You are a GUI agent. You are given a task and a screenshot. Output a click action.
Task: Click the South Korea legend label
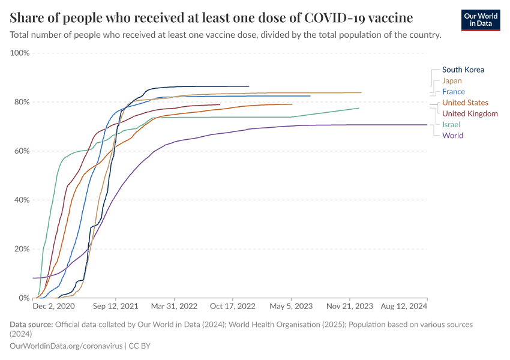click(x=463, y=70)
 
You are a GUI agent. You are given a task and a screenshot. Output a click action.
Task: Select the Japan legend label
click(x=452, y=80)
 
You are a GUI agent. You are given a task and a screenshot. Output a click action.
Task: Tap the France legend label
click(x=453, y=92)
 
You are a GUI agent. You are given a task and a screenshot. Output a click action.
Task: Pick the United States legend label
click(x=465, y=103)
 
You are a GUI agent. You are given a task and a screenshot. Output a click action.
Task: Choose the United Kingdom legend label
click(x=470, y=113)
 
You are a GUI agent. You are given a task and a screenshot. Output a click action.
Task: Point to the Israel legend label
click(x=451, y=124)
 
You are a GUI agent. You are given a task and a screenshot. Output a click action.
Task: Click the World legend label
click(x=452, y=135)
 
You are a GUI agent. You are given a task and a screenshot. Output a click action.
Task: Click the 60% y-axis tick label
click(x=21, y=151)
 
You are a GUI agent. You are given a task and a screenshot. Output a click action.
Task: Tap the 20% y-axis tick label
click(x=21, y=248)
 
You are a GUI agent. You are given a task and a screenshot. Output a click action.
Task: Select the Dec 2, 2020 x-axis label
click(x=54, y=306)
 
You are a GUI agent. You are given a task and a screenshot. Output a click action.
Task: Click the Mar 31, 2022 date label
click(x=174, y=306)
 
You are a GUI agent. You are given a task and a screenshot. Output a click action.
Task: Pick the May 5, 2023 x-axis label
click(x=292, y=306)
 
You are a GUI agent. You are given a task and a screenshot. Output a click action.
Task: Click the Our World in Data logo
click(x=481, y=20)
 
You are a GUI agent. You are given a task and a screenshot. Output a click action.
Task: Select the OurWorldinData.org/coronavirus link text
click(x=66, y=346)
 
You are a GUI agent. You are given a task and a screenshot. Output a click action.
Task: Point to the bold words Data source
click(x=31, y=325)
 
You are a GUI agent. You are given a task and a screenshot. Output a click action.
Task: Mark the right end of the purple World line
click(x=427, y=125)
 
